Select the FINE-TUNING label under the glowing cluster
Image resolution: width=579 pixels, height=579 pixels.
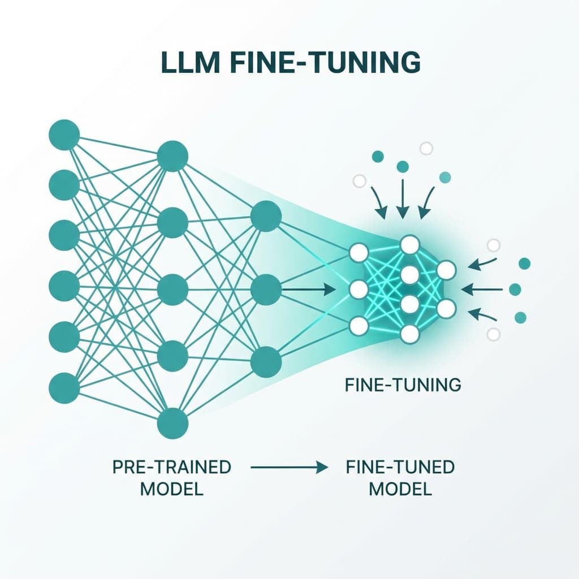tap(403, 385)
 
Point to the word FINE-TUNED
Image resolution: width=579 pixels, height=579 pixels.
tap(400, 467)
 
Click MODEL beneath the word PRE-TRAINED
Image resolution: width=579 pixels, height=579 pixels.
tap(172, 489)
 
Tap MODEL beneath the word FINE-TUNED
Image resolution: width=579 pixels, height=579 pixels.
tap(400, 489)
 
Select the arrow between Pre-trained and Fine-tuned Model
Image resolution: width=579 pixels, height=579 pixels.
tap(289, 468)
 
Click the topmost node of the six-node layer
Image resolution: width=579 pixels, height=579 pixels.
tap(64, 135)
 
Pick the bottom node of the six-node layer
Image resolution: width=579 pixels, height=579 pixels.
tap(64, 388)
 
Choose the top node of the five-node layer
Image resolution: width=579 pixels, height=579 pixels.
tap(172, 156)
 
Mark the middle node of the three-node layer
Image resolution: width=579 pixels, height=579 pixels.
tap(266, 289)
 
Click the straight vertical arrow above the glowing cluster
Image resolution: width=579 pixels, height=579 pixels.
tap(403, 198)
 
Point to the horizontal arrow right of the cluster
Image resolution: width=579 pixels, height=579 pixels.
tap(481, 289)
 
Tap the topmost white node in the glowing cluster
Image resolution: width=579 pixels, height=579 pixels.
tap(409, 245)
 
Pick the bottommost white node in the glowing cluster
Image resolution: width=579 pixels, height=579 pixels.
tap(409, 334)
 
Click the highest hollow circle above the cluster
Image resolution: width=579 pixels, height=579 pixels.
tap(426, 149)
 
